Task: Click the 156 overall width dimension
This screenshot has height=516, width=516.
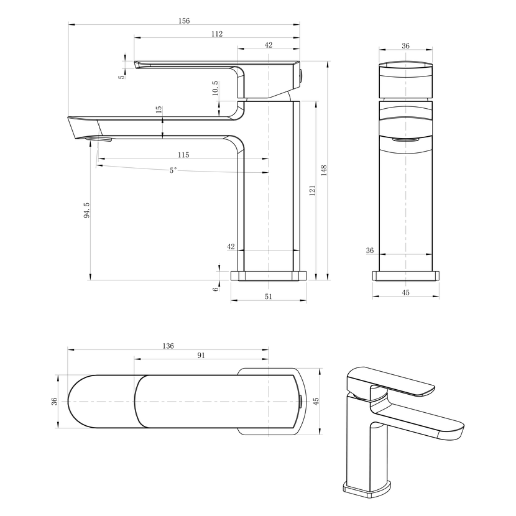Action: click(184, 21)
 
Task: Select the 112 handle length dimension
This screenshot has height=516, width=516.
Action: click(217, 34)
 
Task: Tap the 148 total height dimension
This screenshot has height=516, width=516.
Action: click(324, 170)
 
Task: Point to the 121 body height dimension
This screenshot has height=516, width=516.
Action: click(312, 190)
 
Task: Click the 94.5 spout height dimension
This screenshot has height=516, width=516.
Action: click(86, 210)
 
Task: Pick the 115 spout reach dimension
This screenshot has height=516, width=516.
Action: click(183, 155)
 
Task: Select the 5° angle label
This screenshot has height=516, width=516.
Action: click(173, 170)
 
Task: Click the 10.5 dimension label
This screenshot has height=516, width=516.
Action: click(215, 88)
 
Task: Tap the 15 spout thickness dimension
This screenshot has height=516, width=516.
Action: click(159, 109)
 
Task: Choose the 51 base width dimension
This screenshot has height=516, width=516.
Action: click(269, 297)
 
